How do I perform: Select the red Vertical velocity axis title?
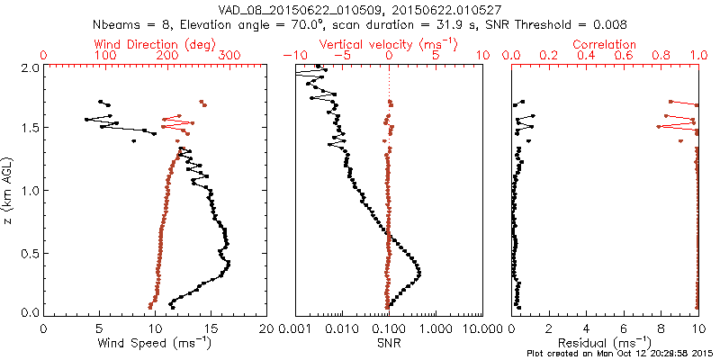[389, 44]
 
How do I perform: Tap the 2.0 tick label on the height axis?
[30, 67]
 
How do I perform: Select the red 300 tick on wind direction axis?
[229, 55]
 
